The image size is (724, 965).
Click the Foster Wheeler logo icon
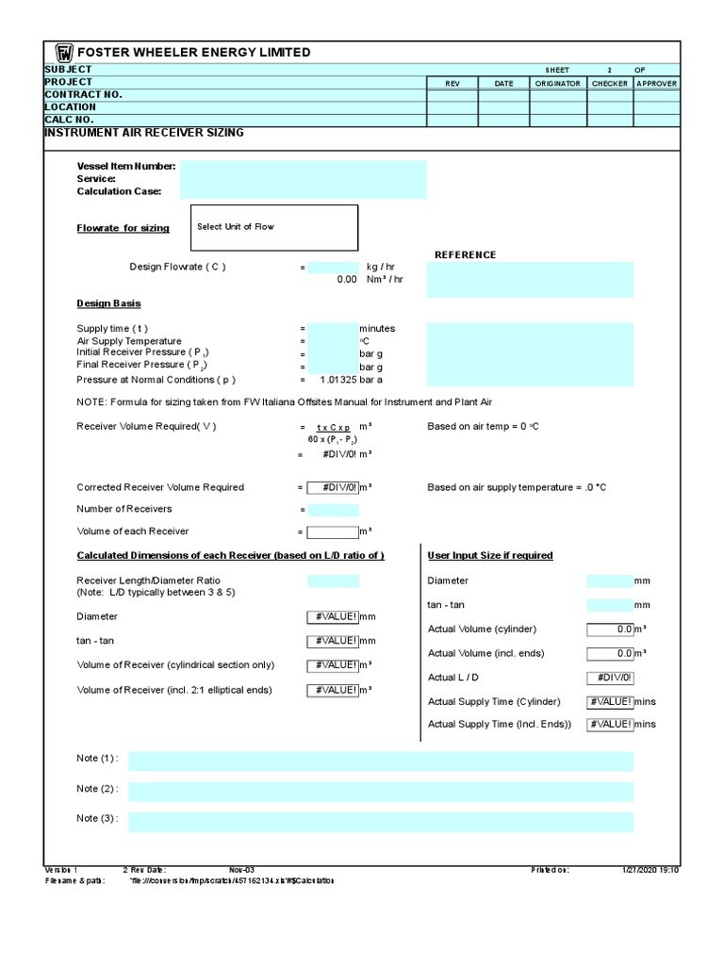64,53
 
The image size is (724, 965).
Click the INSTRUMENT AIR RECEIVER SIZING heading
144,133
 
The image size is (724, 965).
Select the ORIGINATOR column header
557,83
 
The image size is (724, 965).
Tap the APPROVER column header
656,83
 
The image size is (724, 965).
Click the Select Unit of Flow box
274,227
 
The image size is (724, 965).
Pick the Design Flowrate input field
333,267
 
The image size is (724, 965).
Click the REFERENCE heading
465,254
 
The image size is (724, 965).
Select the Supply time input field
333,329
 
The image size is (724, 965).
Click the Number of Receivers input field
333,510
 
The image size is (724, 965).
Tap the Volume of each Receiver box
333,532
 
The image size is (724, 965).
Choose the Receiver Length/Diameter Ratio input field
333,581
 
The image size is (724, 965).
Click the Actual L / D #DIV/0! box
610,678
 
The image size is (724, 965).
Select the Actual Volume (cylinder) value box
610,629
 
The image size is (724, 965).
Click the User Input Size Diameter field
610,581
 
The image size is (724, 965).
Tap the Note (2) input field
381,792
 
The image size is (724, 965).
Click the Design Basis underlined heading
108,303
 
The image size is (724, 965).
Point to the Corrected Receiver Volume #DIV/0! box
333,487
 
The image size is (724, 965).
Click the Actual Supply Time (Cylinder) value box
610,701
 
